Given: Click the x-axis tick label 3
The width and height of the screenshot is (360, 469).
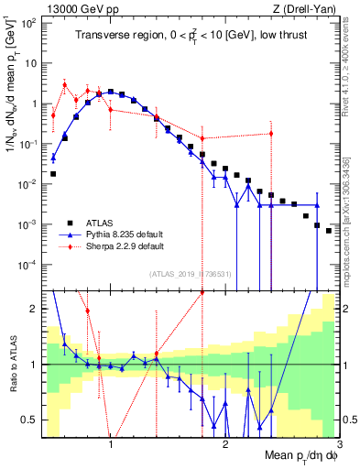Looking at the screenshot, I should pyautogui.click(x=338, y=442).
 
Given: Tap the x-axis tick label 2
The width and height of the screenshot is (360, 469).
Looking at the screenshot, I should pyautogui.click(x=225, y=442).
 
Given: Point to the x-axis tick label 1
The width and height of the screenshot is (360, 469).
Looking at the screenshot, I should pyautogui.click(x=111, y=442).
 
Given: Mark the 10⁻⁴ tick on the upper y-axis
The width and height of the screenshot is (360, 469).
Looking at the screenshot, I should pyautogui.click(x=29, y=264).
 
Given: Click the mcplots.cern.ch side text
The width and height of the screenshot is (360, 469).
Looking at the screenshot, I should pyautogui.click(x=351, y=220).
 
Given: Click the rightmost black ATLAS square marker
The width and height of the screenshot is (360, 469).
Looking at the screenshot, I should pyautogui.click(x=329, y=231).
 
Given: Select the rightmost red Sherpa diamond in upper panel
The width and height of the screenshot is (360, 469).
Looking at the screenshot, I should pyautogui.click(x=271, y=134).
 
